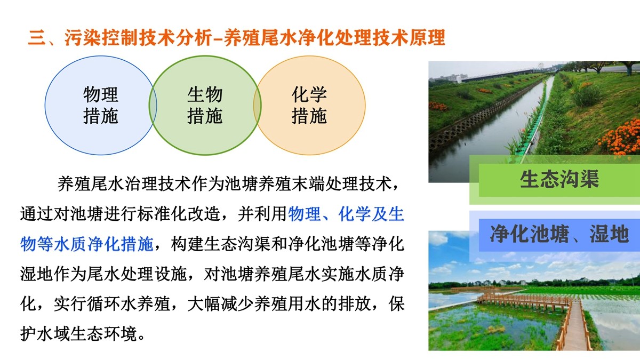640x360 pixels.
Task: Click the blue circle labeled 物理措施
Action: [101, 106]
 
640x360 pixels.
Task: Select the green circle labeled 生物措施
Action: [205, 106]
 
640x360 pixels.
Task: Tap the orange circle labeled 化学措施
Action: [309, 106]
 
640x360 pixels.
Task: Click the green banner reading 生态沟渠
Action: [559, 180]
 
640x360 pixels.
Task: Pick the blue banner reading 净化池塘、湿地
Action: [559, 235]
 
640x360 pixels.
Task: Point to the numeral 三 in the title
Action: [37, 38]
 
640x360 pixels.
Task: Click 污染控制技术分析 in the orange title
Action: [138, 38]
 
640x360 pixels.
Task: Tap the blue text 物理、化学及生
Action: [346, 214]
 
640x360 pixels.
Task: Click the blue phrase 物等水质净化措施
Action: [87, 244]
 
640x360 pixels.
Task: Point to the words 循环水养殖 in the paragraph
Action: [129, 303]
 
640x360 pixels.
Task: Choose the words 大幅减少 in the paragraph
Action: [220, 303]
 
